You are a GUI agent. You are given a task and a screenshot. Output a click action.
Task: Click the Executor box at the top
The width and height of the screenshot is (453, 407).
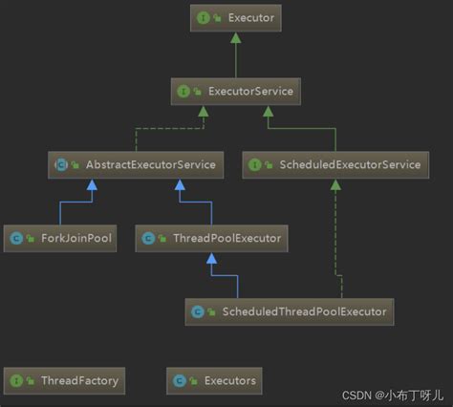click(x=236, y=17)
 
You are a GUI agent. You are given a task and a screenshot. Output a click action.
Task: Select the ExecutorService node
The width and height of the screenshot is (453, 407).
click(x=236, y=92)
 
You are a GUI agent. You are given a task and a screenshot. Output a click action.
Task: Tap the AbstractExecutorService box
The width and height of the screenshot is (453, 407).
click(x=136, y=164)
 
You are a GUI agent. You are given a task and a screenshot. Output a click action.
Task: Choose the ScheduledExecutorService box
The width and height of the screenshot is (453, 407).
click(x=334, y=164)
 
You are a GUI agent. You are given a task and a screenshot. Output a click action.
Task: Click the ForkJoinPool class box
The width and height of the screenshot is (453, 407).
click(x=61, y=238)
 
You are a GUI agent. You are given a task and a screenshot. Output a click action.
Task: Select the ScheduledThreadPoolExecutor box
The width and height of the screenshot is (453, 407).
click(x=290, y=311)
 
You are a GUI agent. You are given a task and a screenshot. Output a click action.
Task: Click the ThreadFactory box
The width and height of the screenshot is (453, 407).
click(x=66, y=380)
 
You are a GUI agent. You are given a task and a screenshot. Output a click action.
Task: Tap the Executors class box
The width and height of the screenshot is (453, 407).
click(x=216, y=380)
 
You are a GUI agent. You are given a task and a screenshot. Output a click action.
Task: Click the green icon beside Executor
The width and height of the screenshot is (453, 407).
click(x=205, y=17)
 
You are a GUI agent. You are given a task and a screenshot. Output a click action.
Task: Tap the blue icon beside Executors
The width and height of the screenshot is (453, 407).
click(x=181, y=380)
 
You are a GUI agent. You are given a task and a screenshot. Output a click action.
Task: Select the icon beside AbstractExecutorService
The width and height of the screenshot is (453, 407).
click(x=62, y=164)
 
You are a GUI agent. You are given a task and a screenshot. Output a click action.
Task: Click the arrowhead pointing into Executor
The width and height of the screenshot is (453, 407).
click(x=236, y=36)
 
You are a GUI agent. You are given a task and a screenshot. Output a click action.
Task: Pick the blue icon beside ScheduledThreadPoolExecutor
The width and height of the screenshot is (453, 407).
click(x=198, y=311)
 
